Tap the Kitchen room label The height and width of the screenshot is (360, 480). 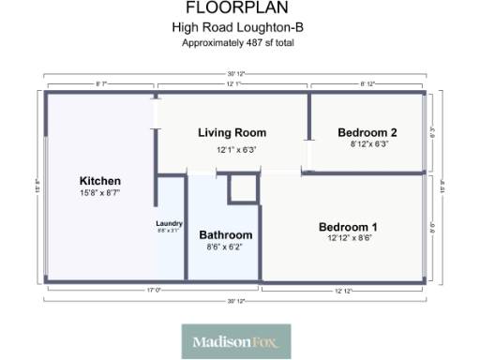click(x=99, y=180)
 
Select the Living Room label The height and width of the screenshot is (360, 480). click(x=232, y=133)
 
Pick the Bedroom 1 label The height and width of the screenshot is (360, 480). click(x=348, y=227)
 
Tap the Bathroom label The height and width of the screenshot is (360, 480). click(x=225, y=234)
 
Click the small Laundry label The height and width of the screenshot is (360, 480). click(x=169, y=223)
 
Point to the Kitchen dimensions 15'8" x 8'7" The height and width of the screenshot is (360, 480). click(x=99, y=192)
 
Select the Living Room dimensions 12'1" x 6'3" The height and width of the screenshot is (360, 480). click(x=236, y=149)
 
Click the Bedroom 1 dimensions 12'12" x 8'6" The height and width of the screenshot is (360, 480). click(x=348, y=239)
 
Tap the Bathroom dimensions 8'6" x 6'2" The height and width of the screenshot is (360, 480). click(x=225, y=247)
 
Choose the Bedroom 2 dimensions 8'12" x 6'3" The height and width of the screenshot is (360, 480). click(x=368, y=144)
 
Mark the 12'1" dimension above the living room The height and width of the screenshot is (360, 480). click(x=233, y=84)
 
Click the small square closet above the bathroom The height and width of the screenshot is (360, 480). click(x=243, y=187)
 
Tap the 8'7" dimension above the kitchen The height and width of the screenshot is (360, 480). click(x=100, y=84)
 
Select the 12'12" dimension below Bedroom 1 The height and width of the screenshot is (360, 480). click(x=342, y=291)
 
